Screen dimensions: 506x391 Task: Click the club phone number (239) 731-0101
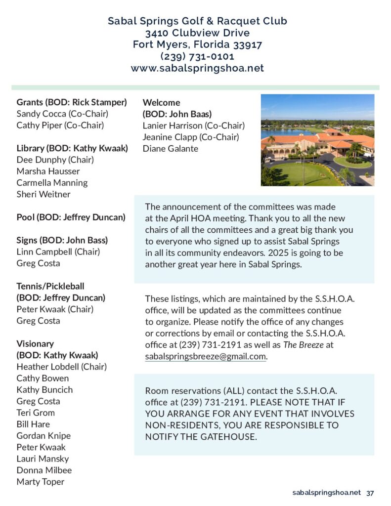pyautogui.click(x=197, y=56)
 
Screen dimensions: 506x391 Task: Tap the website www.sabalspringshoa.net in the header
pyautogui.click(x=197, y=68)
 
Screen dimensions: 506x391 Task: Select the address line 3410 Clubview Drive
pyautogui.click(x=197, y=33)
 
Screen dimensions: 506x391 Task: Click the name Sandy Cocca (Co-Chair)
pyautogui.click(x=62, y=114)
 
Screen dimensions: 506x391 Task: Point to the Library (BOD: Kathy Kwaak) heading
pyautogui.click(x=72, y=148)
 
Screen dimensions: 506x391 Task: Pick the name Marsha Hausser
pyautogui.click(x=48, y=171)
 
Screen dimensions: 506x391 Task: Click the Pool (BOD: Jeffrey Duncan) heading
pyautogui.click(x=71, y=217)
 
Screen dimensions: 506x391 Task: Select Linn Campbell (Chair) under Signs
pyautogui.click(x=58, y=252)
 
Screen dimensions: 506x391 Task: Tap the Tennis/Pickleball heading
pyautogui.click(x=50, y=286)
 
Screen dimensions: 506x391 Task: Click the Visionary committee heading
pyautogui.click(x=35, y=343)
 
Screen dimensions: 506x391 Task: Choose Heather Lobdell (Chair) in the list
pyautogui.click(x=61, y=367)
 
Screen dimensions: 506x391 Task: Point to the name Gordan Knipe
pyautogui.click(x=43, y=435)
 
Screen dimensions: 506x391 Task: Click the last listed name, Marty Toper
pyautogui.click(x=41, y=481)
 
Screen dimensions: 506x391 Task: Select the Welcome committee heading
pyautogui.click(x=161, y=102)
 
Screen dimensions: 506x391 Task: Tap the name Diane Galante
pyautogui.click(x=170, y=148)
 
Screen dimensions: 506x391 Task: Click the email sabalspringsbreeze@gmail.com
pyautogui.click(x=206, y=356)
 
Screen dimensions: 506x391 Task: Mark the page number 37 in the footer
pyautogui.click(x=370, y=493)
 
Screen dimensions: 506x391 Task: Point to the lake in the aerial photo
pyautogui.click(x=284, y=133)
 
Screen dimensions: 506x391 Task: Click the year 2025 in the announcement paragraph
pyautogui.click(x=276, y=253)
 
